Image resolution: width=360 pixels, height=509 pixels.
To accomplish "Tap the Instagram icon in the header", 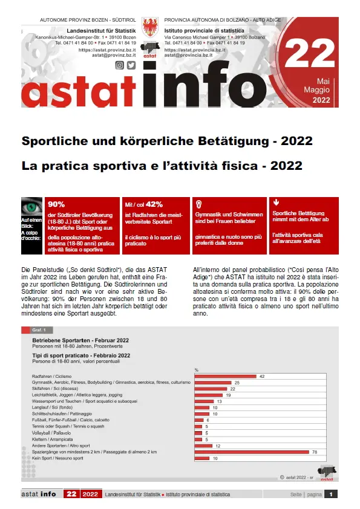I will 120,65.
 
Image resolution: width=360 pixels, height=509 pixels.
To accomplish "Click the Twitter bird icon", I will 131,65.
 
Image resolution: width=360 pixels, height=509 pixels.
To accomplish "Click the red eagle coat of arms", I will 151,28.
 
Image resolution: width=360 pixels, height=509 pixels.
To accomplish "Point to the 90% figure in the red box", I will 57,204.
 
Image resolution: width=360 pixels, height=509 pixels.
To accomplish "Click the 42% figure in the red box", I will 154,204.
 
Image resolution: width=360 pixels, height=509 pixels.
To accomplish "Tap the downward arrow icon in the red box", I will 277,203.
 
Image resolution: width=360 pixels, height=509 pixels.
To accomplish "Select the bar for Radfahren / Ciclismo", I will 226,376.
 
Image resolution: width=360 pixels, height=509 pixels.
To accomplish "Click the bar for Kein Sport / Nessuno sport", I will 202,458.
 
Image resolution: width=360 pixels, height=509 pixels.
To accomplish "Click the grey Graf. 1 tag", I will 37,330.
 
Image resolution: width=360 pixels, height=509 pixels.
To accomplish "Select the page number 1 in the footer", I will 332,494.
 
